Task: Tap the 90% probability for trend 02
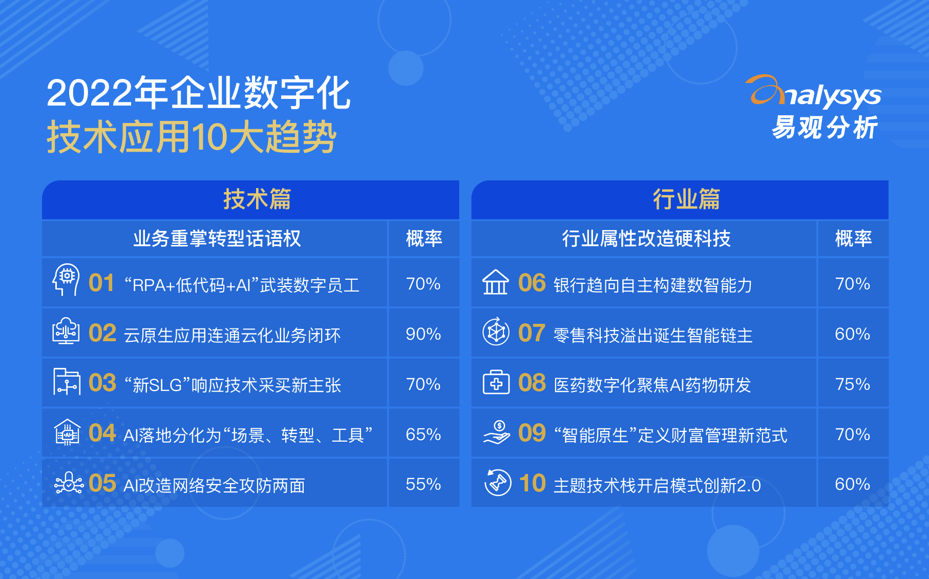(x=423, y=334)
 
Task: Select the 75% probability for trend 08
(x=853, y=384)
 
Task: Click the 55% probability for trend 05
(x=423, y=484)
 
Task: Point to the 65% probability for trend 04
(x=423, y=435)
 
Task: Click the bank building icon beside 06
(x=496, y=282)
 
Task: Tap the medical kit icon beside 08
(x=496, y=382)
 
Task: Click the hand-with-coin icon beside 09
(x=497, y=432)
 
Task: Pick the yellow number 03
(x=102, y=383)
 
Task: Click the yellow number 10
(x=533, y=483)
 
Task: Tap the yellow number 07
(x=532, y=333)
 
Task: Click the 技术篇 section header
(x=257, y=199)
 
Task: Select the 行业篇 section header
(x=686, y=199)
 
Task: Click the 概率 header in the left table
(x=424, y=239)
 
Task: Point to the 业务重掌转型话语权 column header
(x=217, y=239)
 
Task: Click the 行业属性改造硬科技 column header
(x=646, y=239)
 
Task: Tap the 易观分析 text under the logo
(x=825, y=128)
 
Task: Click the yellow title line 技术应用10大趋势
(x=192, y=137)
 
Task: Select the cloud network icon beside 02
(x=66, y=330)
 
